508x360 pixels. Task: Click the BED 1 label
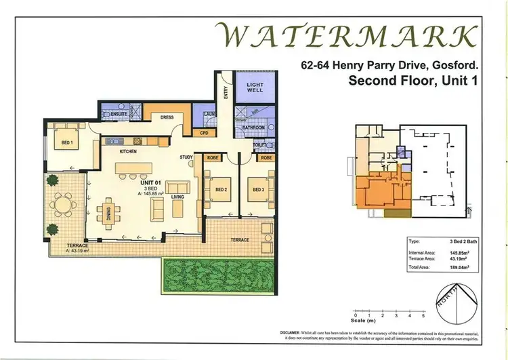(x=67, y=143)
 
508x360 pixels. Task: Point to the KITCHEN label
(x=129, y=151)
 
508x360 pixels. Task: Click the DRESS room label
(x=167, y=117)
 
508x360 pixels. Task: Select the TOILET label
(x=259, y=144)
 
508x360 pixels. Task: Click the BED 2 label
(x=220, y=190)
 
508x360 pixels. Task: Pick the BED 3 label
(x=258, y=190)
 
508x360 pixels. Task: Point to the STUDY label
(x=187, y=157)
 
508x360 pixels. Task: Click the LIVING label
(x=177, y=197)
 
